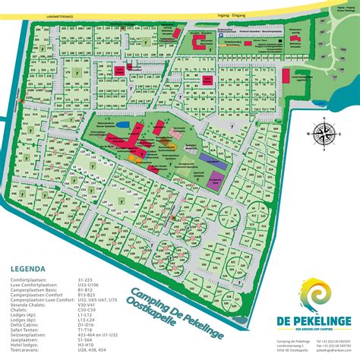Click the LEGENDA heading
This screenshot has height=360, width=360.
point(30,269)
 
